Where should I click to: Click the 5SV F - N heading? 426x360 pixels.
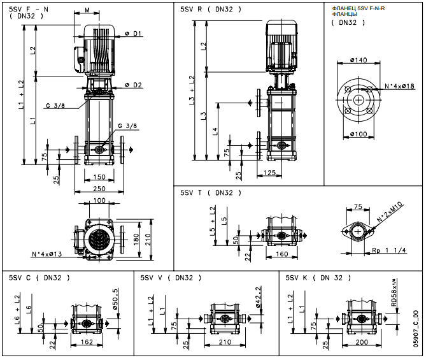point(29,10)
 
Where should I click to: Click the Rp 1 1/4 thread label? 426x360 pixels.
point(389,250)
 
